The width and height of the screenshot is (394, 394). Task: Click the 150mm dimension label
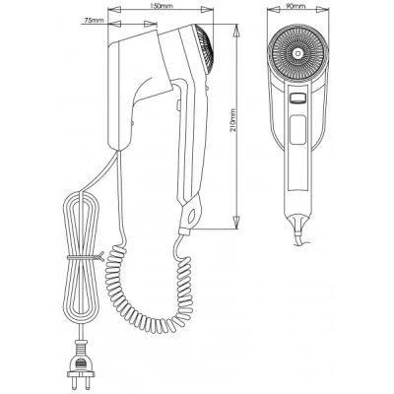click(160, 6)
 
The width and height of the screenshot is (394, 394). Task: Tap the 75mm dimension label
click(94, 20)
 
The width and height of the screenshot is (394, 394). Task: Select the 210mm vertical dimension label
click(232, 120)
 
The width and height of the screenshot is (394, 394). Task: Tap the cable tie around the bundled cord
click(86, 257)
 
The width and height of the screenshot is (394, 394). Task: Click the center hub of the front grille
click(298, 53)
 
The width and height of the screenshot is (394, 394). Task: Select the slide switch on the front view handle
click(298, 98)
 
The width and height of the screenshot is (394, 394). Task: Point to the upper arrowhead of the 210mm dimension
click(236, 32)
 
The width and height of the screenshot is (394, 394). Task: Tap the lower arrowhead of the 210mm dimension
click(236, 223)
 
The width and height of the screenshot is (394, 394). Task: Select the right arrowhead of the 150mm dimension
click(207, 10)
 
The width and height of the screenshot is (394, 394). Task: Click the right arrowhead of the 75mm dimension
click(151, 24)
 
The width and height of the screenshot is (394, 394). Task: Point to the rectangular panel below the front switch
click(297, 129)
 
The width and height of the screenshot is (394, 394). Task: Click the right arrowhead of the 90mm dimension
click(323, 10)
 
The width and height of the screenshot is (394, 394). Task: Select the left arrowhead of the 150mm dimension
click(114, 10)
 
